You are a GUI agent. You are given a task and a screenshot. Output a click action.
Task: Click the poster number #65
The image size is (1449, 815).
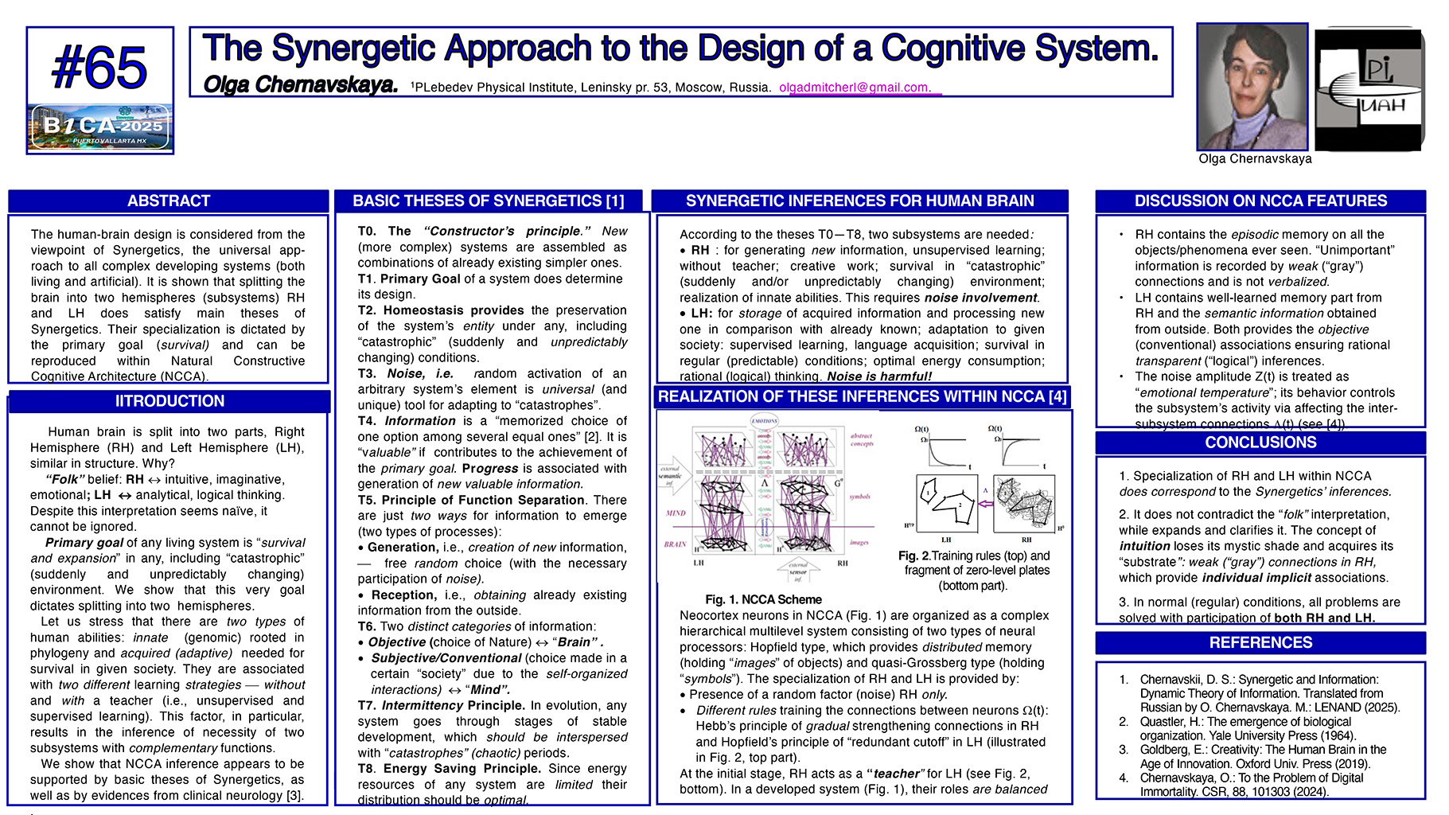[x=99, y=68]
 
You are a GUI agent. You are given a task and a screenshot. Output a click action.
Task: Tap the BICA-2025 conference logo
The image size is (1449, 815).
[x=100, y=127]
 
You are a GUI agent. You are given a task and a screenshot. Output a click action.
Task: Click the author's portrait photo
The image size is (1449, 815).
[x=1252, y=87]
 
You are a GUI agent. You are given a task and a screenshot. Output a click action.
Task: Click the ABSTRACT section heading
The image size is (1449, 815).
[x=169, y=201]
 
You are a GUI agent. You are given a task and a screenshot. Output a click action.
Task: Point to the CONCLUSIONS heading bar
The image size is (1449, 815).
[x=1260, y=443]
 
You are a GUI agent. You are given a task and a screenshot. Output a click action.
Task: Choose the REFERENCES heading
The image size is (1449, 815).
[x=1260, y=642]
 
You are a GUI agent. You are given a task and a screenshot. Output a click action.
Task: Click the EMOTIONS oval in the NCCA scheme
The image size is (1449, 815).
[x=764, y=421]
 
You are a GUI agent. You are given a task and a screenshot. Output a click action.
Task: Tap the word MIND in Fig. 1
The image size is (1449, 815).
[x=676, y=513]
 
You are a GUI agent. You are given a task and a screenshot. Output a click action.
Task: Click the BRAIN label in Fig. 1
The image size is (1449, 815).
[x=675, y=544]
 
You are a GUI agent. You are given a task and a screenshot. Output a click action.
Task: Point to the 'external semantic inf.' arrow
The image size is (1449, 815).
[x=673, y=476]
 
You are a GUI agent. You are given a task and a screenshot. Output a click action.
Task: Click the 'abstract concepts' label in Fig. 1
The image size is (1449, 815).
[x=862, y=440]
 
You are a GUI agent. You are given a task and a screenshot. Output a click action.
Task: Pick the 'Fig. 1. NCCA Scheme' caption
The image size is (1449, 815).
[x=762, y=599]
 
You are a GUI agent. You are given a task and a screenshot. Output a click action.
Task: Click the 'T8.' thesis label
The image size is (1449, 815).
[x=367, y=769]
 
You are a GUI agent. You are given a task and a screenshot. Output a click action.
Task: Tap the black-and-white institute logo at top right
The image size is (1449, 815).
[x=1369, y=89]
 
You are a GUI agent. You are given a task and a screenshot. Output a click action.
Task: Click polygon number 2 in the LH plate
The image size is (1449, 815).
[x=960, y=505]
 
